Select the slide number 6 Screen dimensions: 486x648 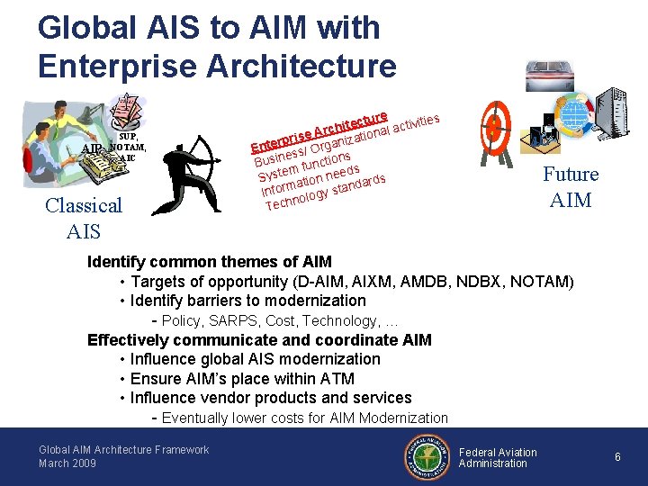point(617,457)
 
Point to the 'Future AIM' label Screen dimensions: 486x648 point(571,186)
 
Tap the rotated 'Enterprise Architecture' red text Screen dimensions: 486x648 point(320,131)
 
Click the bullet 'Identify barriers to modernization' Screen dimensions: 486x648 point(247,301)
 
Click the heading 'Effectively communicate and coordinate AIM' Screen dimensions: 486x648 point(259,339)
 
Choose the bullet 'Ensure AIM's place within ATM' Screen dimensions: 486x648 point(242,378)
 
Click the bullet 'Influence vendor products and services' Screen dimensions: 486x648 point(271,397)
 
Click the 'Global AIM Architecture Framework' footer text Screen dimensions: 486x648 point(123,449)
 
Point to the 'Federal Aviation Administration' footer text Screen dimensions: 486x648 point(498,457)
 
